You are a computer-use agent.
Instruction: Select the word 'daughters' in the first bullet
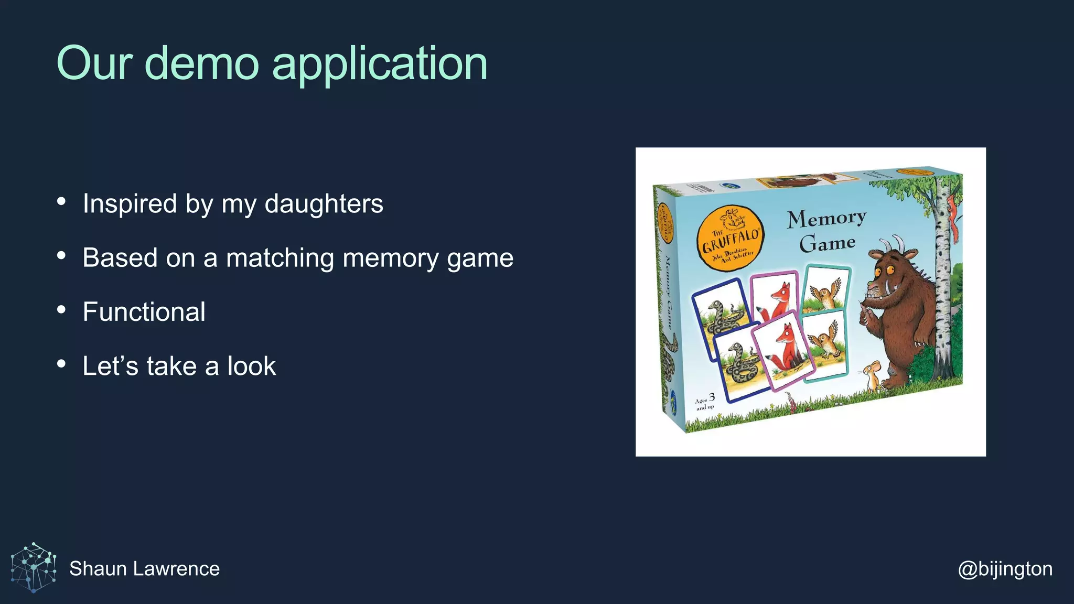[x=324, y=203]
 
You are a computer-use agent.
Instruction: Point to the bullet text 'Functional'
[x=144, y=312]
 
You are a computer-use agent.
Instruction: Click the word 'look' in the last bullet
[x=251, y=366]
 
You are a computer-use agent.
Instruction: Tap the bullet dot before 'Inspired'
[x=61, y=201]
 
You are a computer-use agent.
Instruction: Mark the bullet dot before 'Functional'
[x=61, y=309]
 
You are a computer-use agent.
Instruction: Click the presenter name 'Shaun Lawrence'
[x=144, y=568]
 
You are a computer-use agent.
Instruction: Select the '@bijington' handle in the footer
[x=1005, y=568]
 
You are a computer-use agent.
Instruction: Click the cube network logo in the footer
[x=34, y=568]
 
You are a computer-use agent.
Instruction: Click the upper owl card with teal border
[x=826, y=290]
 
